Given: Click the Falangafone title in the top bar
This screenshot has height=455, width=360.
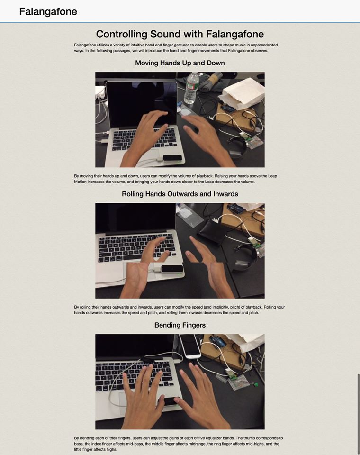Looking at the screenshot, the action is (48, 11).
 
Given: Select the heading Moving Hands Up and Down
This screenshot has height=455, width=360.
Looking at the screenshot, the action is (180, 63).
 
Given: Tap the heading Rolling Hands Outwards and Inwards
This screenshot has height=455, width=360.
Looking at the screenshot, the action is (180, 194).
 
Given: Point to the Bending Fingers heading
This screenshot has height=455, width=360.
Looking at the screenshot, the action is (180, 325).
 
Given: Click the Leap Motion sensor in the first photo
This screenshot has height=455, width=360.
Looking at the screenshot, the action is (173, 158).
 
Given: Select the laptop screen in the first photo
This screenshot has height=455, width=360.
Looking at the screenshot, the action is (142, 104).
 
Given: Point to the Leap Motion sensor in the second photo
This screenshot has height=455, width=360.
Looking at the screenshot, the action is (172, 269).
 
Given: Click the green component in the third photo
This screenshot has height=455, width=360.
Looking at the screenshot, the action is (256, 385).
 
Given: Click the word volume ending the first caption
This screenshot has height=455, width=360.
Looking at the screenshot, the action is (247, 182).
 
